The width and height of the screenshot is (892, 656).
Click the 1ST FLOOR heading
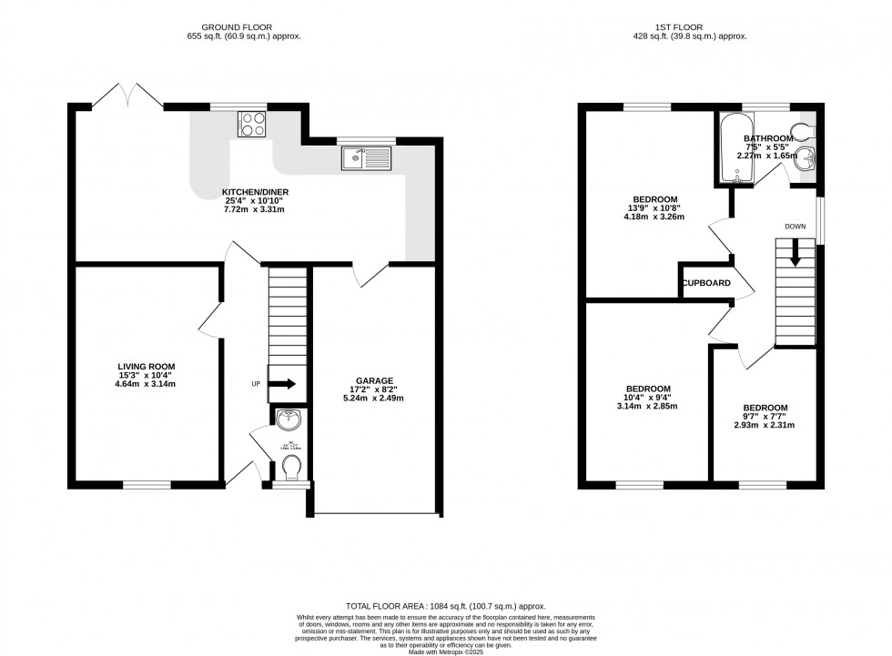[689, 27]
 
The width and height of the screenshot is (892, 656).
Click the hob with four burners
[251, 124]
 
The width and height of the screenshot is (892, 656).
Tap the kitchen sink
[365, 160]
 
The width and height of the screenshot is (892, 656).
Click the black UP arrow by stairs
[283, 384]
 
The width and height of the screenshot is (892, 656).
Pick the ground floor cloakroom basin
[289, 422]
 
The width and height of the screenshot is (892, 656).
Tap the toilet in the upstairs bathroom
[803, 129]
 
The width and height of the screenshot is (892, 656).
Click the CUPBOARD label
[707, 283]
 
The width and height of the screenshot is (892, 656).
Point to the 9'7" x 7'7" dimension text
[765, 417]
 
